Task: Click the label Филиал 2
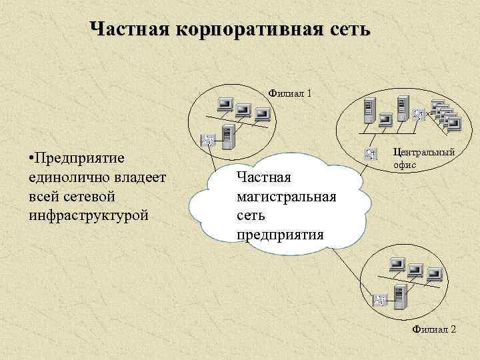click(434, 329)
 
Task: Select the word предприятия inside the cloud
click(280, 235)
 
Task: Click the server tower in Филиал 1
click(228, 137)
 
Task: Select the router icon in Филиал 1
click(207, 141)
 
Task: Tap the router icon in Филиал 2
click(380, 300)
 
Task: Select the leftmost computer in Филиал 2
click(397, 264)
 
